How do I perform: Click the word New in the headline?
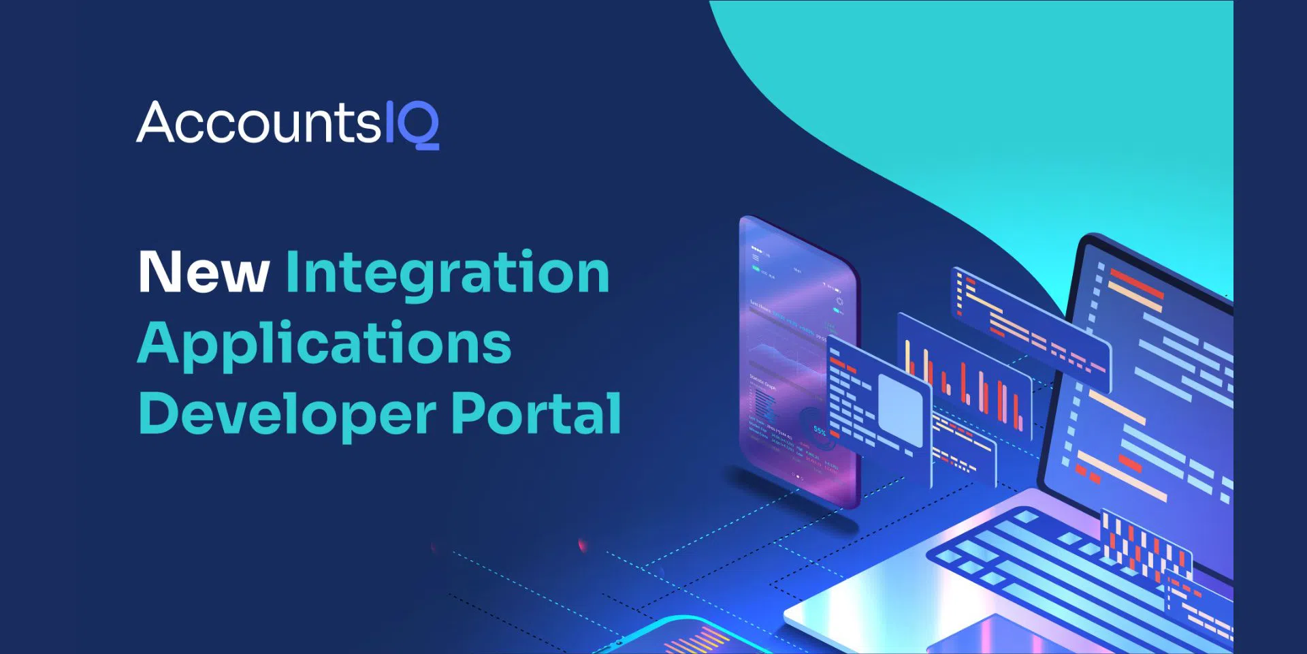(204, 272)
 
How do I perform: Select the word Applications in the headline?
(324, 344)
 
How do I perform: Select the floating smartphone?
(798, 361)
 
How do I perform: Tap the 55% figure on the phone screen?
(819, 431)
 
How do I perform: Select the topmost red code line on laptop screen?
(1135, 281)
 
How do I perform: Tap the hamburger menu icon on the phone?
(755, 258)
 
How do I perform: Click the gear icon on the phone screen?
(839, 301)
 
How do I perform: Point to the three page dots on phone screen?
(798, 477)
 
